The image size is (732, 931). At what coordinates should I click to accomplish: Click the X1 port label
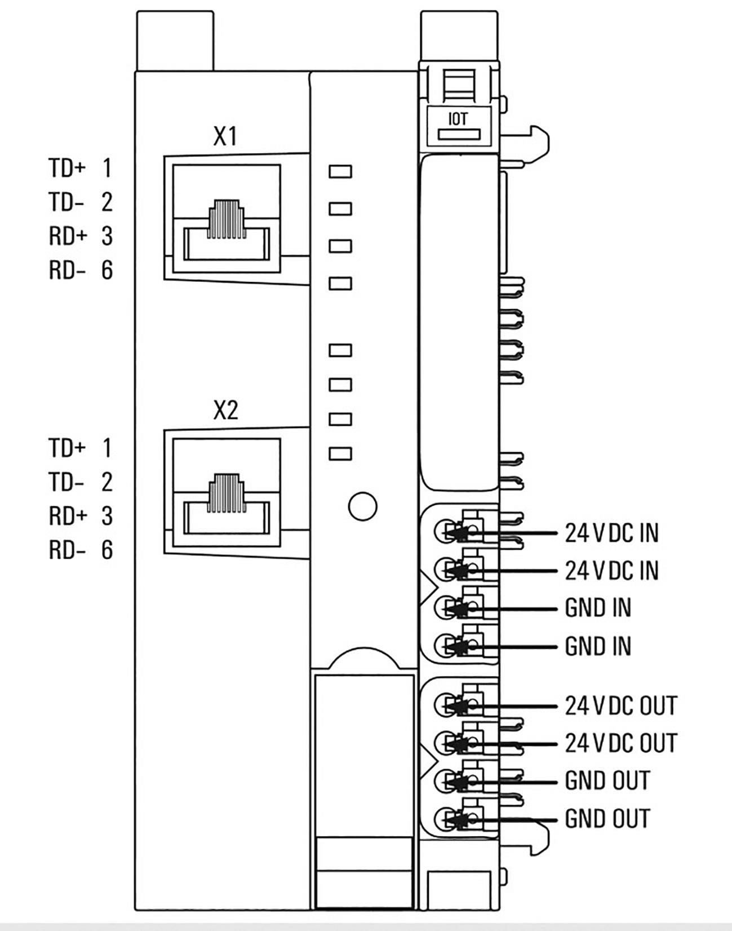(225, 136)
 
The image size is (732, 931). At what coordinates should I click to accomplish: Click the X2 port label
(225, 411)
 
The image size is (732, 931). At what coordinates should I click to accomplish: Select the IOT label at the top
(458, 119)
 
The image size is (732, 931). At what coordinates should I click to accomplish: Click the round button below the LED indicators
(362, 506)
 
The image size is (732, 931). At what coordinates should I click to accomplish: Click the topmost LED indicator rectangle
(340, 171)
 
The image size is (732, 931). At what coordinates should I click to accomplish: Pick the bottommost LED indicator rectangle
(340, 453)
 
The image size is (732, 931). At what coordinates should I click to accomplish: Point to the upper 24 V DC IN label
(611, 533)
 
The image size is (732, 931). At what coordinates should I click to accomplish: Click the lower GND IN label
(598, 646)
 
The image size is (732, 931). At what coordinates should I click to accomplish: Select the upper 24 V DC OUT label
(620, 706)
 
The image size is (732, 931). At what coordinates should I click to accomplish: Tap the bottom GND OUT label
(607, 819)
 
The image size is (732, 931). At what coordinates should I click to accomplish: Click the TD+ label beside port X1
(66, 168)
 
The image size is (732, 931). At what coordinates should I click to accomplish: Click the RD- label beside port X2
(67, 550)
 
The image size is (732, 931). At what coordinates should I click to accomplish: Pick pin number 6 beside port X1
(107, 270)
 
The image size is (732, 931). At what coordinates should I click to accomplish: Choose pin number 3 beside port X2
(107, 516)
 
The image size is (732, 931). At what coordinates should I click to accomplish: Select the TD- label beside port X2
(66, 482)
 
